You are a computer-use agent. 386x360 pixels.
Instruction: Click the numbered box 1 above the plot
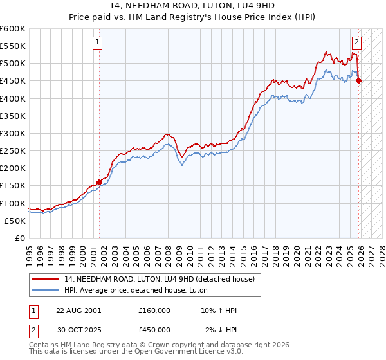(x=97, y=43)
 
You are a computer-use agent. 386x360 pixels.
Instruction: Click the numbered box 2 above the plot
(x=356, y=43)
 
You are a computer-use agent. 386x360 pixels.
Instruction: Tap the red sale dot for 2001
(x=100, y=182)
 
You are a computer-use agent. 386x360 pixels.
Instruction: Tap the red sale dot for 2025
(x=359, y=80)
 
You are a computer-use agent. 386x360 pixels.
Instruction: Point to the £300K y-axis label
(x=12, y=133)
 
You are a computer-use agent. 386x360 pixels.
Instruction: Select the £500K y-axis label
(x=12, y=63)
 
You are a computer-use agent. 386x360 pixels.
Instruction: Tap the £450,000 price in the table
(x=154, y=330)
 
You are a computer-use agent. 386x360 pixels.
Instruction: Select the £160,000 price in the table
(x=154, y=310)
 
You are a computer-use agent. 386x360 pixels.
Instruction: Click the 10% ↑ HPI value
(x=219, y=310)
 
